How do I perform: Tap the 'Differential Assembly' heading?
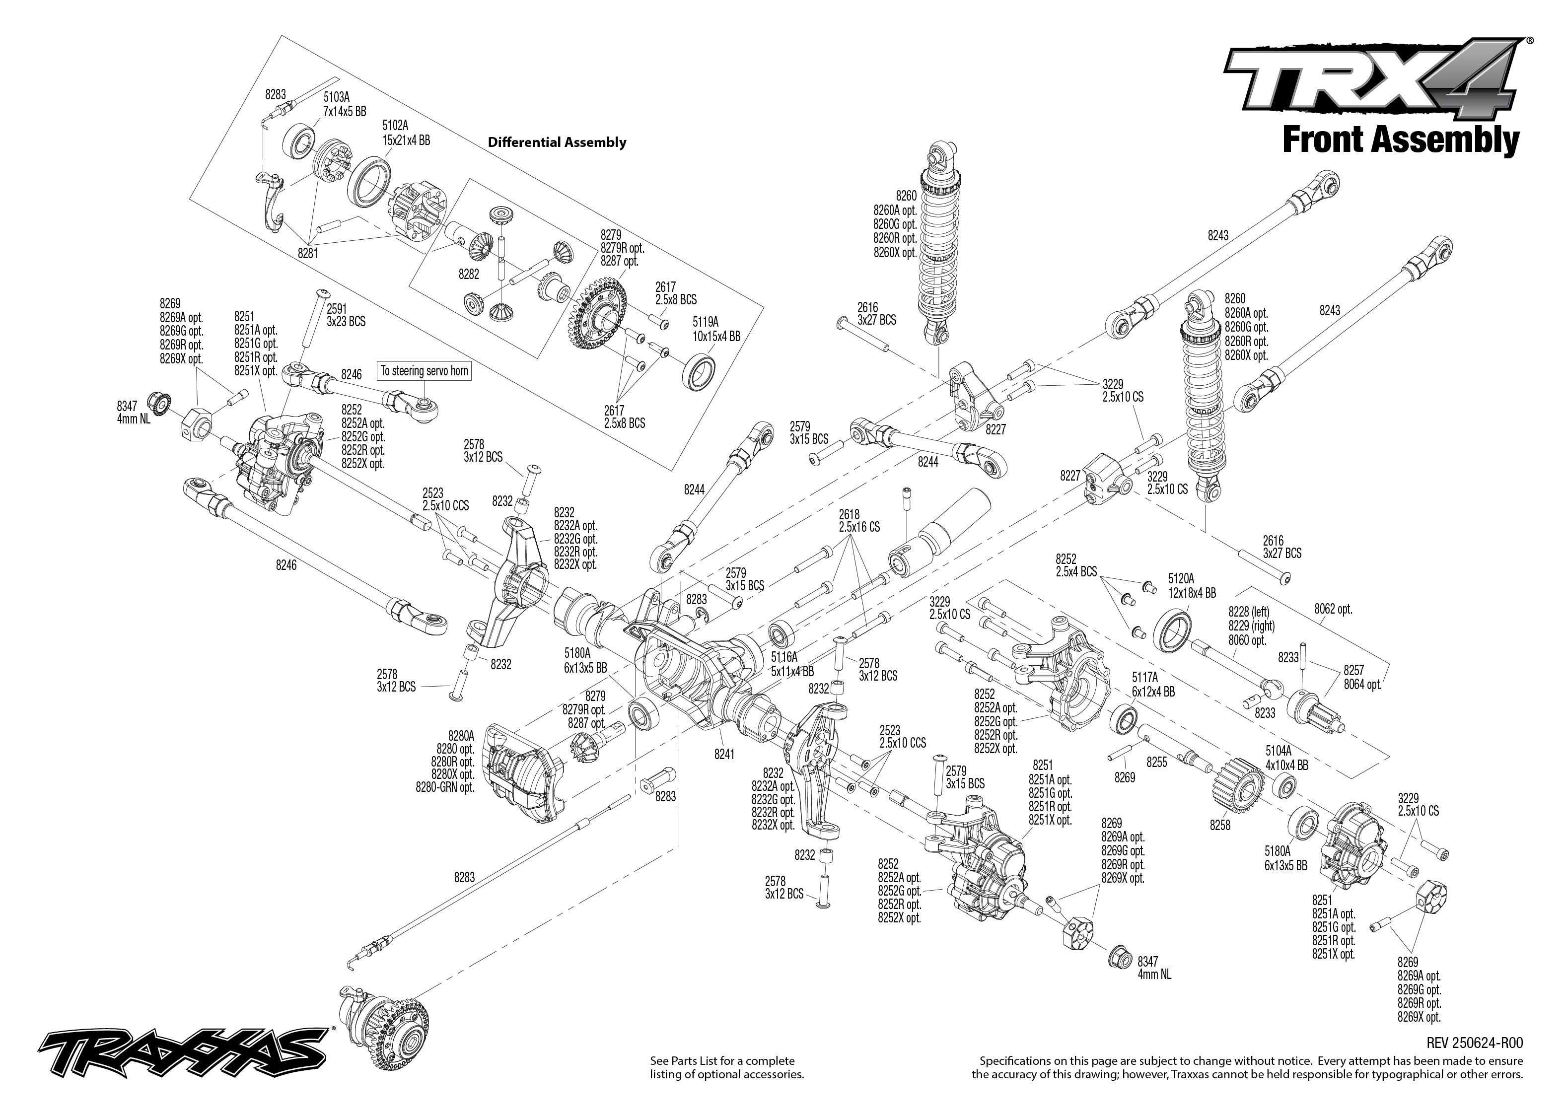[557, 142]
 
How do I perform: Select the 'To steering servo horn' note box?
[425, 371]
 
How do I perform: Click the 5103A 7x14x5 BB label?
[345, 105]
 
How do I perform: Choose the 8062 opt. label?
[1333, 610]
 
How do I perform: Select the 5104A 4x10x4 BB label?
[1286, 758]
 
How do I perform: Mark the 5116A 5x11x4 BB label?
[791, 664]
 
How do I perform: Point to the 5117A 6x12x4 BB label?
[1153, 685]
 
